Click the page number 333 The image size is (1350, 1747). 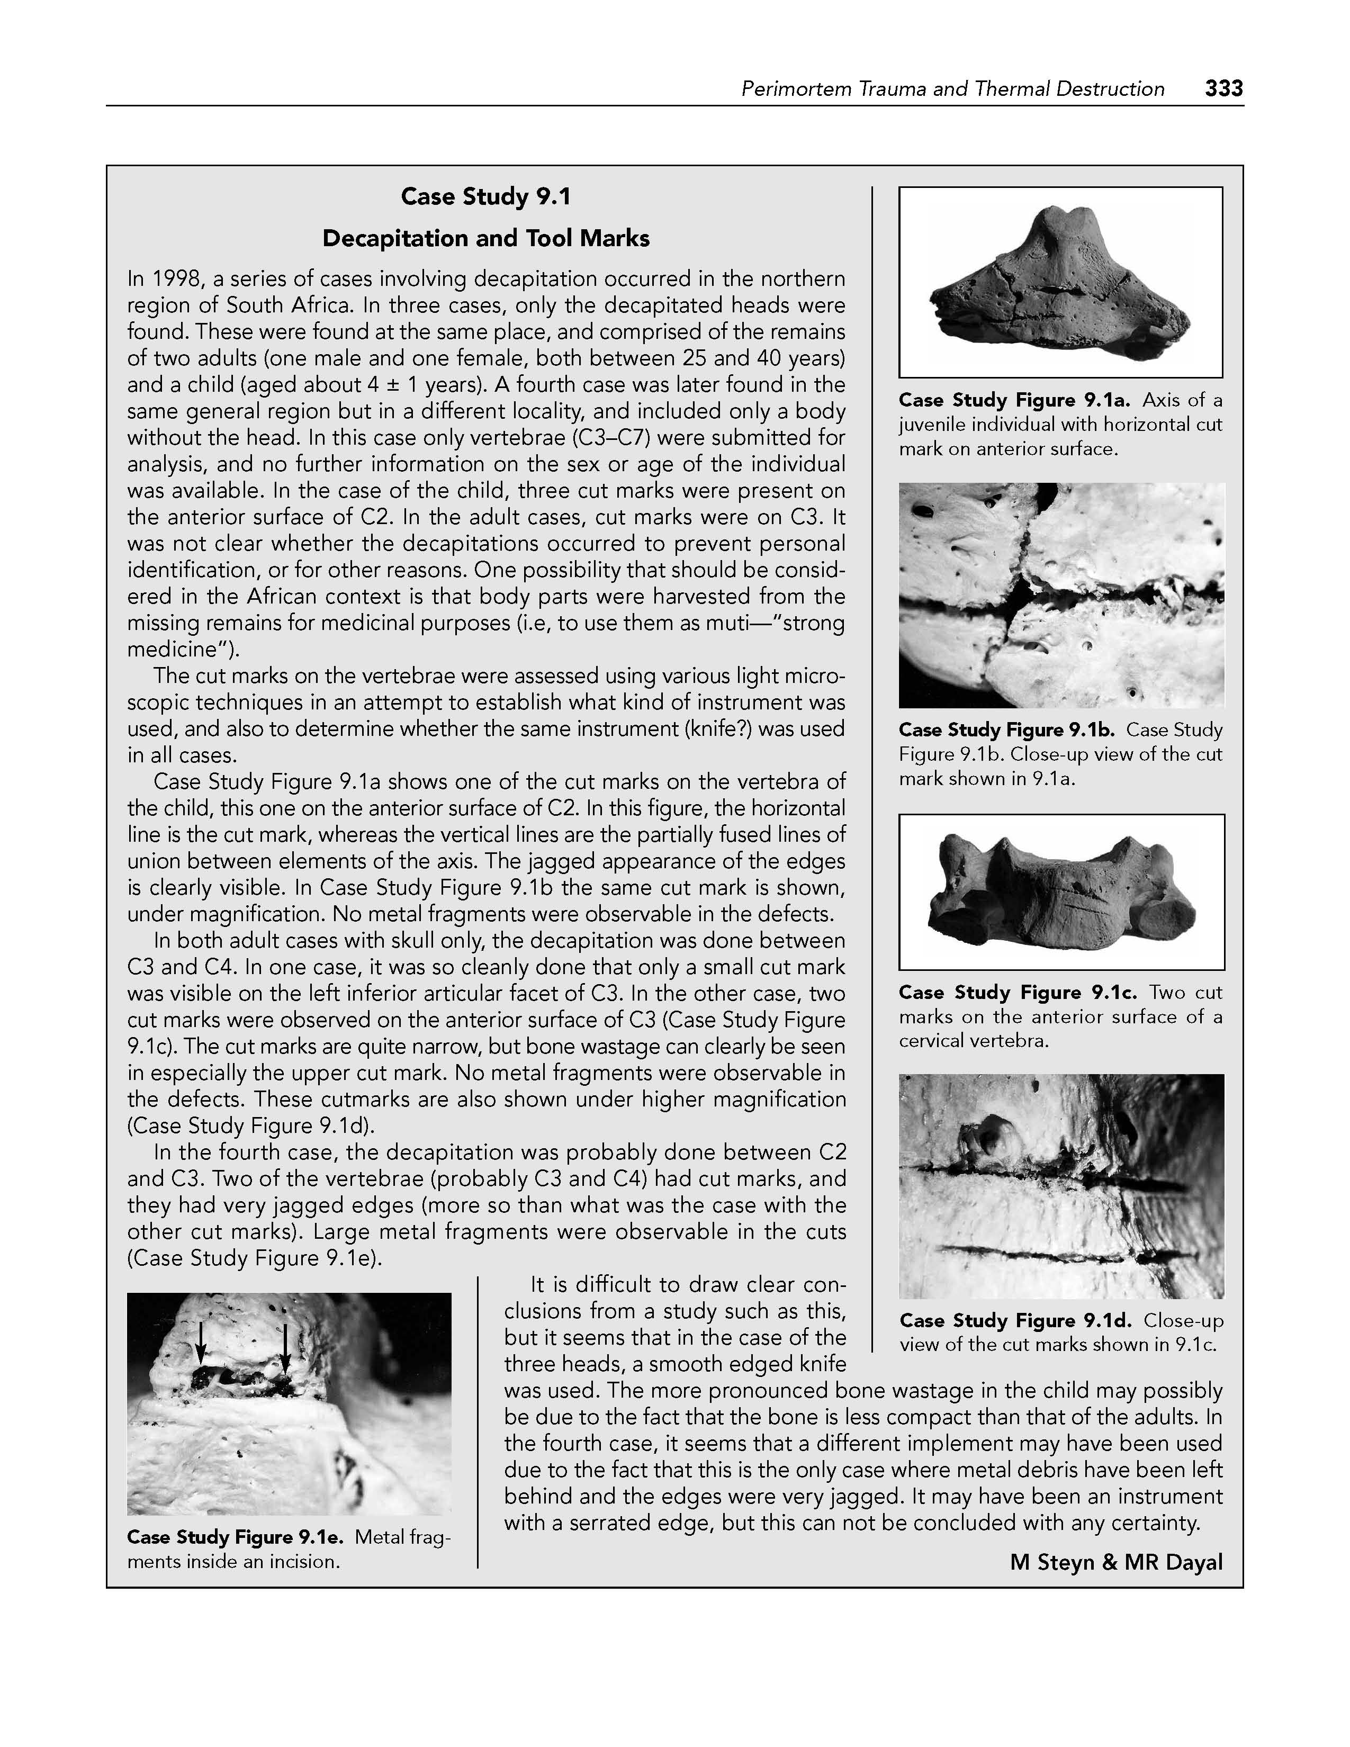coord(1223,89)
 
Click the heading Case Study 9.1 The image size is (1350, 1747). coord(485,197)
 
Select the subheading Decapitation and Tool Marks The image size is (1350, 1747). coord(485,238)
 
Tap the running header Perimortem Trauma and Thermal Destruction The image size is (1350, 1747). coord(952,89)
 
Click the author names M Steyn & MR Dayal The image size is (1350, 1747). coord(1115,1562)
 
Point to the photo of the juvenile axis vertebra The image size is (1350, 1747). coord(1060,282)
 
